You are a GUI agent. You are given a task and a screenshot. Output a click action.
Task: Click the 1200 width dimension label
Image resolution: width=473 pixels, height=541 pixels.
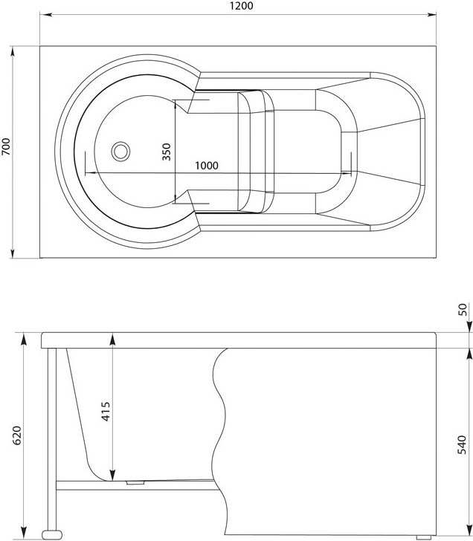[x=241, y=6]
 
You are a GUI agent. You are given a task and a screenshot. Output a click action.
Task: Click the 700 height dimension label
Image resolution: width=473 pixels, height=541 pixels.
[x=7, y=146]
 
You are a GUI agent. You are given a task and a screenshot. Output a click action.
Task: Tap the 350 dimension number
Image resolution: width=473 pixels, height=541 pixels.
[x=167, y=152]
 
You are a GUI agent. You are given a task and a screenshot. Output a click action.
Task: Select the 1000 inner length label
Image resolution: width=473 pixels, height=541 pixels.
[x=207, y=166]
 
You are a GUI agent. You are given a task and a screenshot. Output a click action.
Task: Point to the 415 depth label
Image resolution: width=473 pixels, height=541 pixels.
[x=106, y=411]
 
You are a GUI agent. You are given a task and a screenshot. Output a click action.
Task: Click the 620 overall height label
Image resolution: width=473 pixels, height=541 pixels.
[x=17, y=435]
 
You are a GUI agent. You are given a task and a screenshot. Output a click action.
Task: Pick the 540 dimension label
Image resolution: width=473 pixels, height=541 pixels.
[x=462, y=444]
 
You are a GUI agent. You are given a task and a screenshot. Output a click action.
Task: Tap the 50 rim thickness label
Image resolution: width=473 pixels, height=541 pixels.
[x=463, y=309]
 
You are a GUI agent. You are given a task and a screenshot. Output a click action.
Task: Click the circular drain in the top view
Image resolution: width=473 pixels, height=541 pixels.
[x=120, y=151]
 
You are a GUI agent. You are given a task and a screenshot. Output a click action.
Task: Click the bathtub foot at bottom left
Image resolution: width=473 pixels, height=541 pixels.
[x=52, y=535]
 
